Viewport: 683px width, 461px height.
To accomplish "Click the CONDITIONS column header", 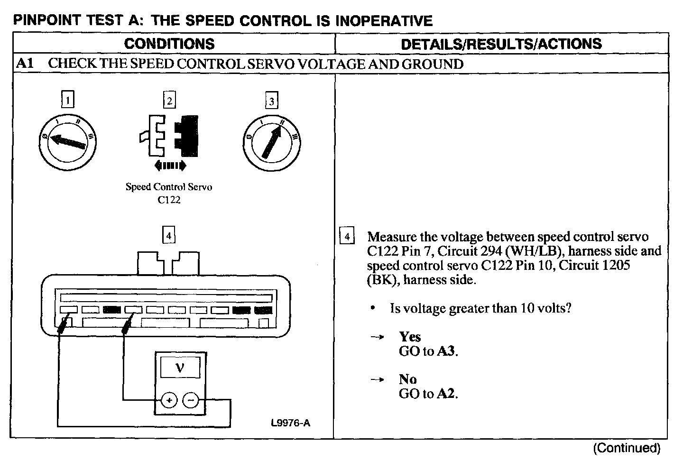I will pyautogui.click(x=169, y=44).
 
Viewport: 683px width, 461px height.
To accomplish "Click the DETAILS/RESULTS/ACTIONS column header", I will pyautogui.click(x=501, y=44).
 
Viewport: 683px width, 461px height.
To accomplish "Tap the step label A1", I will pyautogui.click(x=25, y=64).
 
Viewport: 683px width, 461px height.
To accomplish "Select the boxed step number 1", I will pyautogui.click(x=69, y=100).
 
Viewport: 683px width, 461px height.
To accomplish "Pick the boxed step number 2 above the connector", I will pyautogui.click(x=169, y=100).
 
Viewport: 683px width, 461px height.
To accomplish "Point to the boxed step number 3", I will pyautogui.click(x=271, y=101).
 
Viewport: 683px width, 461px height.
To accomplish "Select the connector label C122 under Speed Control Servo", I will pyautogui.click(x=169, y=200).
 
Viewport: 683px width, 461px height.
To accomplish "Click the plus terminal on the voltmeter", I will pyautogui.click(x=168, y=400).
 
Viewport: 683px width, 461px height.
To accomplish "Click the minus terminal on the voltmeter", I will pyautogui.click(x=191, y=400).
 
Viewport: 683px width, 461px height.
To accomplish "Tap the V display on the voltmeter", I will pyautogui.click(x=180, y=367).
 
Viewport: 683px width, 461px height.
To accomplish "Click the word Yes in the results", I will pyautogui.click(x=410, y=337).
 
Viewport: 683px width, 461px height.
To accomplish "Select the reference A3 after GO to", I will pyautogui.click(x=447, y=351).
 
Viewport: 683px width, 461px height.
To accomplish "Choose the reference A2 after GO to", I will pyautogui.click(x=447, y=394).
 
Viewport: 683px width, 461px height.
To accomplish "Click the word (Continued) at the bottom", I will pyautogui.click(x=627, y=448).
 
